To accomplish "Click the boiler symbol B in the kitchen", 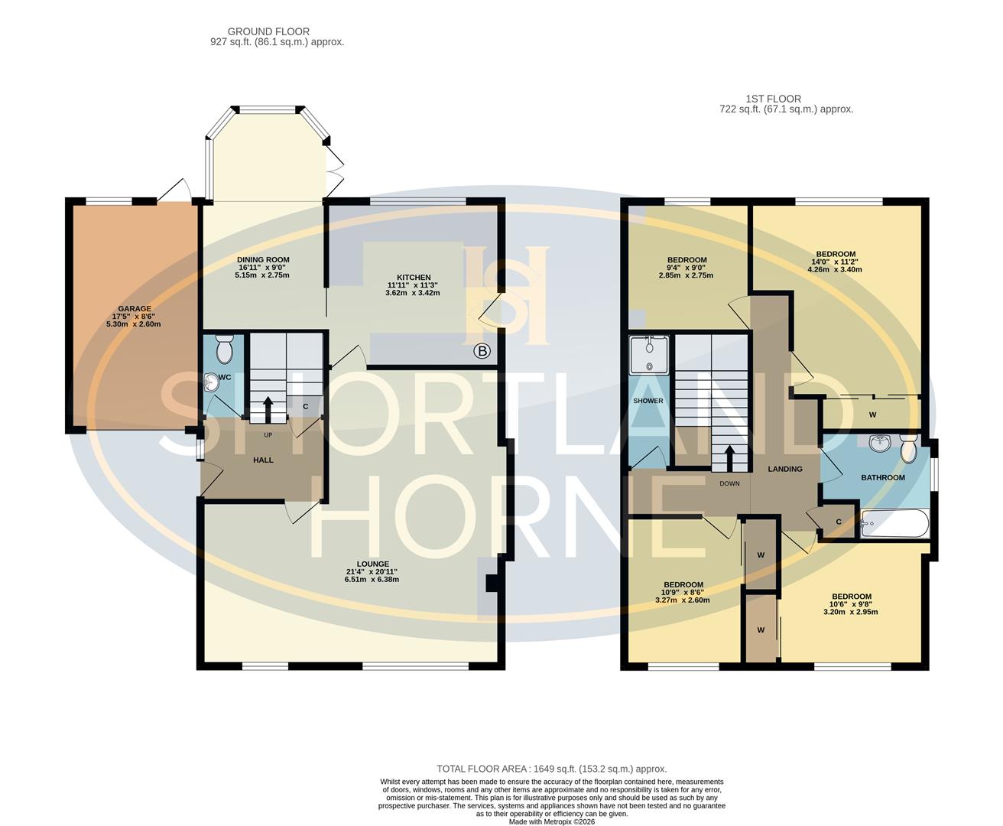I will pos(482,352).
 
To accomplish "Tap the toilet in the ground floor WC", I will pos(225,350).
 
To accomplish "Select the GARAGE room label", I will pos(134,309).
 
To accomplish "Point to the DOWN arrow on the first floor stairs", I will pos(730,457).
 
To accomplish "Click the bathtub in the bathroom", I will pos(894,525).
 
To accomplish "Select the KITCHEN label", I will pos(414,278).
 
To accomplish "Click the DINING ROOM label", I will pos(263,260).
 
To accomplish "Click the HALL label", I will pos(263,460).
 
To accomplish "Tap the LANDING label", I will pos(785,469).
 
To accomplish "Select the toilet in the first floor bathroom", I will pos(908,448).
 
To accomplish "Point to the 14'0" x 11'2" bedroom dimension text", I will pos(836,262).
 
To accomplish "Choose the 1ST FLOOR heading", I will pos(774,99).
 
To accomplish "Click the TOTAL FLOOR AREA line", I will pos(551,769).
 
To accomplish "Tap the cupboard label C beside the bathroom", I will pos(839,522).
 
